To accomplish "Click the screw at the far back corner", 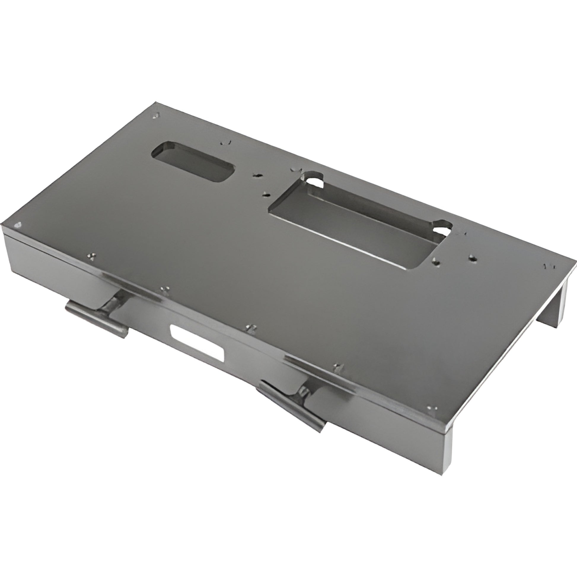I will point(156,116).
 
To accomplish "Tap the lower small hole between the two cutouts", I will point(265,195).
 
